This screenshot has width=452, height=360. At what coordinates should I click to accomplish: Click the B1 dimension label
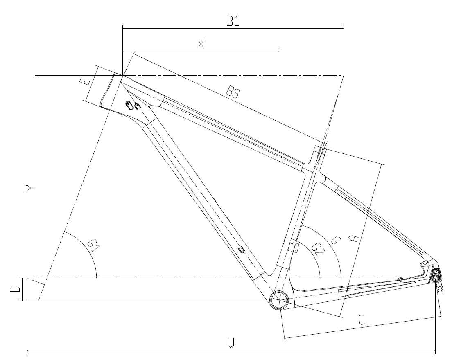[233, 21]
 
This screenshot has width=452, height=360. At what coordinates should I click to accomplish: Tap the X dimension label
[201, 44]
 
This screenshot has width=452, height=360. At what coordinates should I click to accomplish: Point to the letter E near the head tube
[85, 81]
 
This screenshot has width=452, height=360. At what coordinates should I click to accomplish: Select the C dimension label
[362, 319]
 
